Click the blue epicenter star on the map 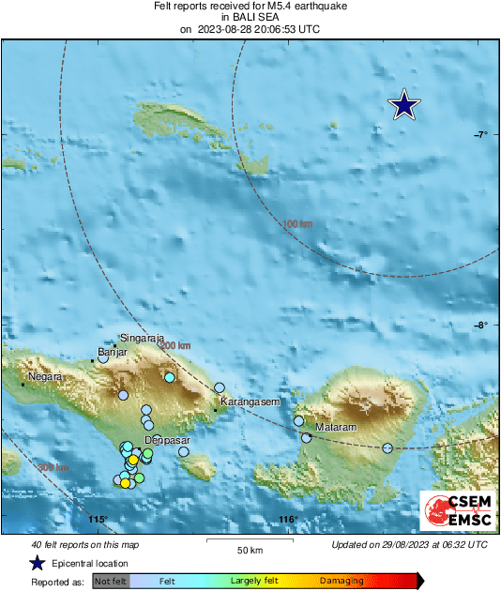(403, 105)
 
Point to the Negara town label (45, 376)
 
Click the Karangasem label (250, 402)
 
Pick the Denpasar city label (168, 440)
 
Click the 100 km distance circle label (296, 224)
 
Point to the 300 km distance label (53, 466)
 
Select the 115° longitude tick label (99, 520)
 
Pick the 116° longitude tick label (288, 520)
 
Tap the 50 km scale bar (249, 541)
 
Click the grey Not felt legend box (111, 582)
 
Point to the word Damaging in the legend (335, 582)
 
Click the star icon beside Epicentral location (37, 563)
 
